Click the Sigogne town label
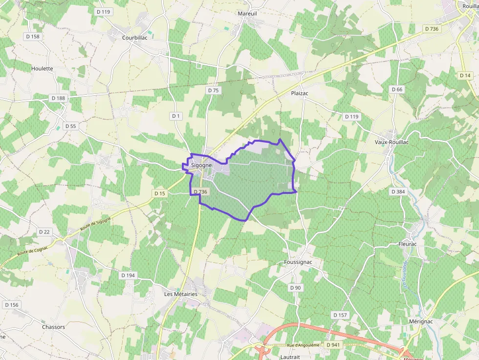click(x=201, y=165)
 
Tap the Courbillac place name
click(x=135, y=37)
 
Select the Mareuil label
click(x=247, y=14)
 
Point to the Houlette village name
click(x=42, y=69)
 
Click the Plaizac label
click(x=300, y=93)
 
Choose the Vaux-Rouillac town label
click(x=392, y=142)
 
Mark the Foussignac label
click(x=298, y=262)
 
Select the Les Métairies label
click(x=181, y=294)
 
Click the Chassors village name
click(x=53, y=327)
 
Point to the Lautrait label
click(x=290, y=357)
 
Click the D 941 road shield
click(x=333, y=345)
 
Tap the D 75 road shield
click(x=213, y=90)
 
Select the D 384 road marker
click(x=398, y=192)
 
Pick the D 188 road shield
click(x=58, y=98)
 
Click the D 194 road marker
click(x=128, y=275)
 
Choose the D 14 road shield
click(x=465, y=75)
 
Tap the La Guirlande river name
click(x=405, y=276)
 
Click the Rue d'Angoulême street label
click(x=304, y=345)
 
